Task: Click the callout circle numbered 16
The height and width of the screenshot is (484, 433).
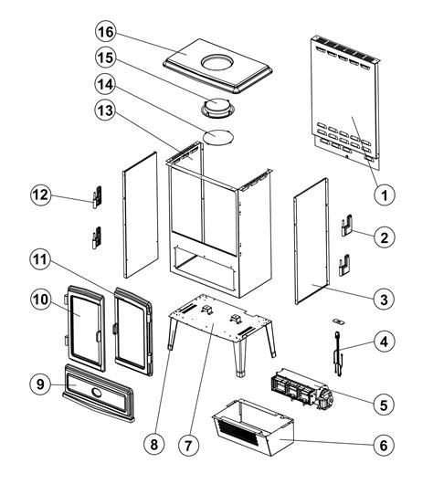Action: (106, 32)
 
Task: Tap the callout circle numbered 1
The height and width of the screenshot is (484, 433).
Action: (385, 195)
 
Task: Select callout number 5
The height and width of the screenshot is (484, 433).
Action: (384, 405)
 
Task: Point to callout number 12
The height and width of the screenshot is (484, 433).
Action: (41, 195)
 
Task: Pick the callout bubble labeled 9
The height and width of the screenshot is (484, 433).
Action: (40, 384)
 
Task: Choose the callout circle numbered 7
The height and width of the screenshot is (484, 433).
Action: (188, 445)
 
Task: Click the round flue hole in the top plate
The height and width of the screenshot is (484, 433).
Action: (216, 62)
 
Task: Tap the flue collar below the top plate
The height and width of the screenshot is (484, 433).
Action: (219, 109)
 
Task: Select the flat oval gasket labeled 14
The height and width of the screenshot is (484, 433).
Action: (218, 137)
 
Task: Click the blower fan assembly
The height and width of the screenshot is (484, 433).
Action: (302, 389)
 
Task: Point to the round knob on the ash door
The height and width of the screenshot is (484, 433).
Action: (97, 393)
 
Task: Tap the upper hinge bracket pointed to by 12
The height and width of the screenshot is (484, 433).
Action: (97, 196)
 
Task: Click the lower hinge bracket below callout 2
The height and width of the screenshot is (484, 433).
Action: (344, 266)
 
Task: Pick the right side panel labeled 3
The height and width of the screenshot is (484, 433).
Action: (312, 241)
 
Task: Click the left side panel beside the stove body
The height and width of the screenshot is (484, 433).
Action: (141, 215)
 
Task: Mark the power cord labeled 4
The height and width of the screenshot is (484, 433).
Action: (337, 354)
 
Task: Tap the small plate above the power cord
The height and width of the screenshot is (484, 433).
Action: (338, 322)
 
